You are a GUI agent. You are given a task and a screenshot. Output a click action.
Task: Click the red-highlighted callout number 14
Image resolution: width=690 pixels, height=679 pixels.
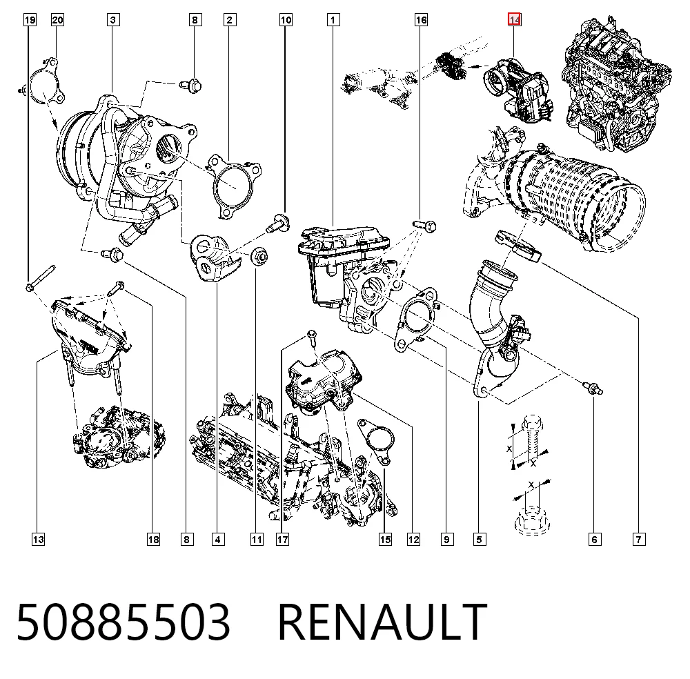tap(515, 20)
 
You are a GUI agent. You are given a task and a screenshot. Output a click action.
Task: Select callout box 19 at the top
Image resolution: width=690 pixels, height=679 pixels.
tap(30, 20)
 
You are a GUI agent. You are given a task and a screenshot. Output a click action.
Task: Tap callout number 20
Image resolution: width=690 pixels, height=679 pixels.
tap(58, 20)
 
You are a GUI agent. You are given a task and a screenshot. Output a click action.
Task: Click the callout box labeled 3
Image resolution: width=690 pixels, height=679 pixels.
tap(113, 20)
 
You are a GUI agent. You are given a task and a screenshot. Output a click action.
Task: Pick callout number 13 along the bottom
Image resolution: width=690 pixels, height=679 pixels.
tap(38, 540)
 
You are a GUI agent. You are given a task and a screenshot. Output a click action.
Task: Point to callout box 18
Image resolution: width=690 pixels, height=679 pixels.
tap(154, 540)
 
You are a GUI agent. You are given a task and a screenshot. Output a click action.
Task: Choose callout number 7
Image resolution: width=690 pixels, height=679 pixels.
tap(639, 540)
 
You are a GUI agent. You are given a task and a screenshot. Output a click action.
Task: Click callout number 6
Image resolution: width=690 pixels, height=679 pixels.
tap(595, 540)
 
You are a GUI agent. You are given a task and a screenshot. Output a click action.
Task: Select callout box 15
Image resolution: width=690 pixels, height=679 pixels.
tap(385, 540)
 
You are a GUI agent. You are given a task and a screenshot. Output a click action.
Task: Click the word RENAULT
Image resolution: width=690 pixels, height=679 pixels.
tap(382, 621)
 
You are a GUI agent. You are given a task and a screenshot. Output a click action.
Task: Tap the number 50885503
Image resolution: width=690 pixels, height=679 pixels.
tap(124, 621)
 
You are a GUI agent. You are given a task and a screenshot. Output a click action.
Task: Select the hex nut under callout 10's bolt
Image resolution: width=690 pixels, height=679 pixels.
tap(259, 256)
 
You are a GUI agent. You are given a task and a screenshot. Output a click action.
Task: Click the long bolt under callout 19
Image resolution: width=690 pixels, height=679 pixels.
tap(40, 277)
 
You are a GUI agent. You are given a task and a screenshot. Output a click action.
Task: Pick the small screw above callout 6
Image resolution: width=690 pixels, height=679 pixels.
tap(593, 388)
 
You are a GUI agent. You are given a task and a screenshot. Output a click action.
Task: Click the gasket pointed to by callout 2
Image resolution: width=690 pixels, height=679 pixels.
tap(235, 185)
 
